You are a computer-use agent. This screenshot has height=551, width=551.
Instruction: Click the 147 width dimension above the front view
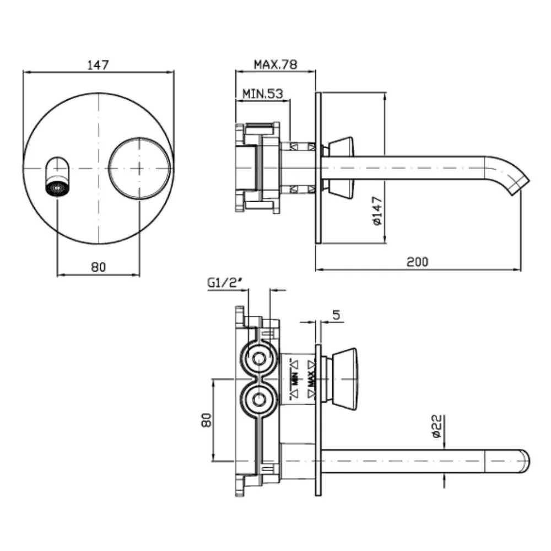tap(98, 65)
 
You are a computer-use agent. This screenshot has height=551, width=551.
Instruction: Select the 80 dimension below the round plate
tap(98, 267)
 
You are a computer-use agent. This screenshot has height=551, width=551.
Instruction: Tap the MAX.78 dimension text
tap(275, 64)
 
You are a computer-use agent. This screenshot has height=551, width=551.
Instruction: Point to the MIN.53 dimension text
tap(263, 94)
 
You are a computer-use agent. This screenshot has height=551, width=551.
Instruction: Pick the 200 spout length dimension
tap(418, 262)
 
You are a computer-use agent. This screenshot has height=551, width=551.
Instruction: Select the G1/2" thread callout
tap(225, 283)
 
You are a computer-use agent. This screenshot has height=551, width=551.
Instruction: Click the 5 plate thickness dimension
tap(336, 315)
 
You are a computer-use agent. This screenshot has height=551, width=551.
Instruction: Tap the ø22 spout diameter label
tap(436, 426)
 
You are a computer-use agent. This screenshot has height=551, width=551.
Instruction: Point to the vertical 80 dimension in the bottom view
tap(207, 420)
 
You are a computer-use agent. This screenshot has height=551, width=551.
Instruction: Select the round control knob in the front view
tap(139, 168)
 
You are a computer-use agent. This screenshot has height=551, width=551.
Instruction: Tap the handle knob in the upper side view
tap(341, 169)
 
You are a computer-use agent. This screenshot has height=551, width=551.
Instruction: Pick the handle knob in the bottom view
tap(343, 379)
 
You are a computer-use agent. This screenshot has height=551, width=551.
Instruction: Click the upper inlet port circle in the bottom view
tap(260, 359)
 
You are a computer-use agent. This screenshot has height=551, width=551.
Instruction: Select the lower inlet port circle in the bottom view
tap(260, 399)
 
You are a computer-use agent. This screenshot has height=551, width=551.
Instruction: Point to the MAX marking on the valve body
tap(311, 380)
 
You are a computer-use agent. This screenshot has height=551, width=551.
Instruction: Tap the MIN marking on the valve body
tap(294, 380)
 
